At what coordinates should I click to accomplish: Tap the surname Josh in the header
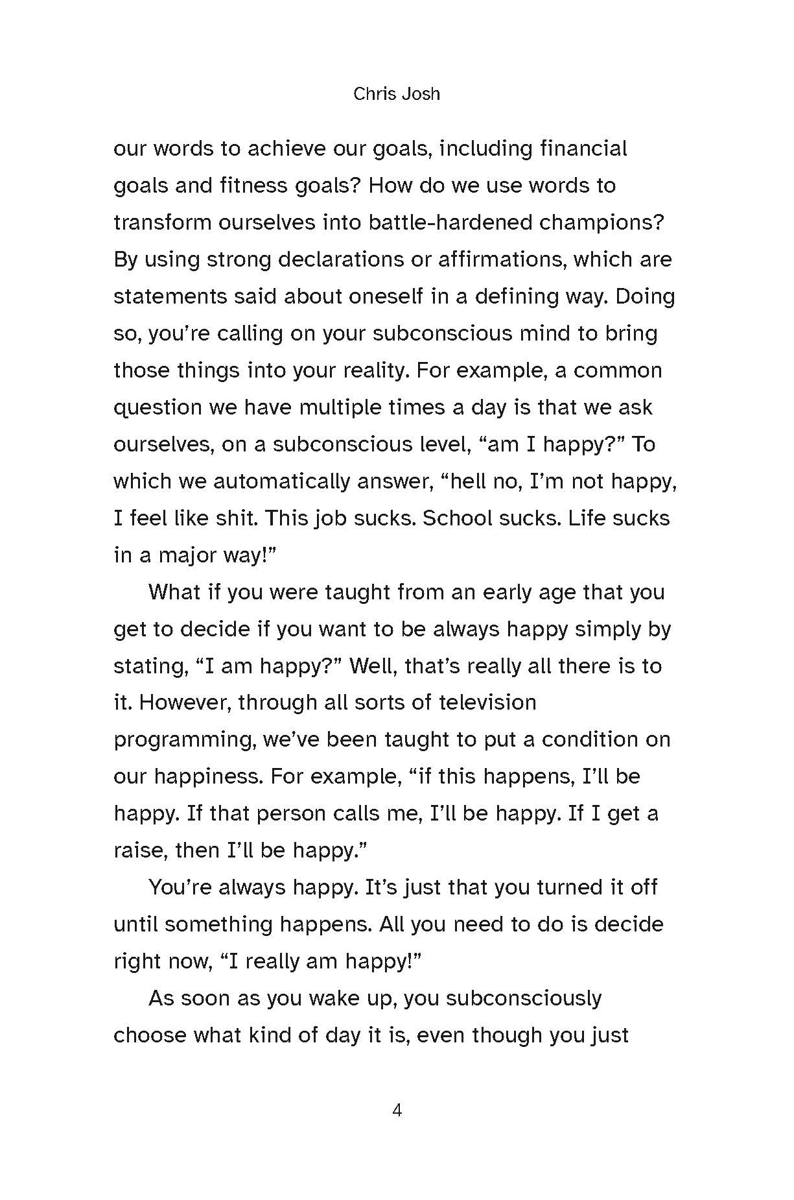pyautogui.click(x=421, y=94)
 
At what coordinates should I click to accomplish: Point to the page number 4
pyautogui.click(x=397, y=1110)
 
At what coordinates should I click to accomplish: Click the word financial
pyautogui.click(x=583, y=149)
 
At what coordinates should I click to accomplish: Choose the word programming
pyautogui.click(x=184, y=740)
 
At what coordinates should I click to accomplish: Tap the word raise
pyautogui.click(x=140, y=850)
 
